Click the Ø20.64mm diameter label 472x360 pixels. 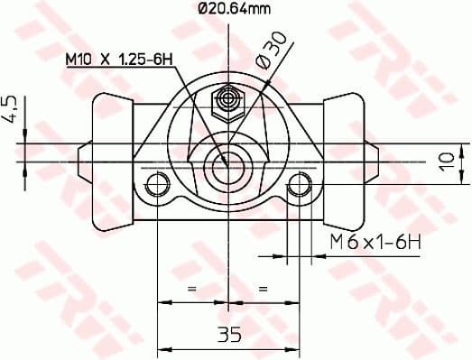pos(232,10)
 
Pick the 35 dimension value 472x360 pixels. pos(229,335)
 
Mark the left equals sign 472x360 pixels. pos(191,288)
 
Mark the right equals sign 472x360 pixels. pos(264,288)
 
